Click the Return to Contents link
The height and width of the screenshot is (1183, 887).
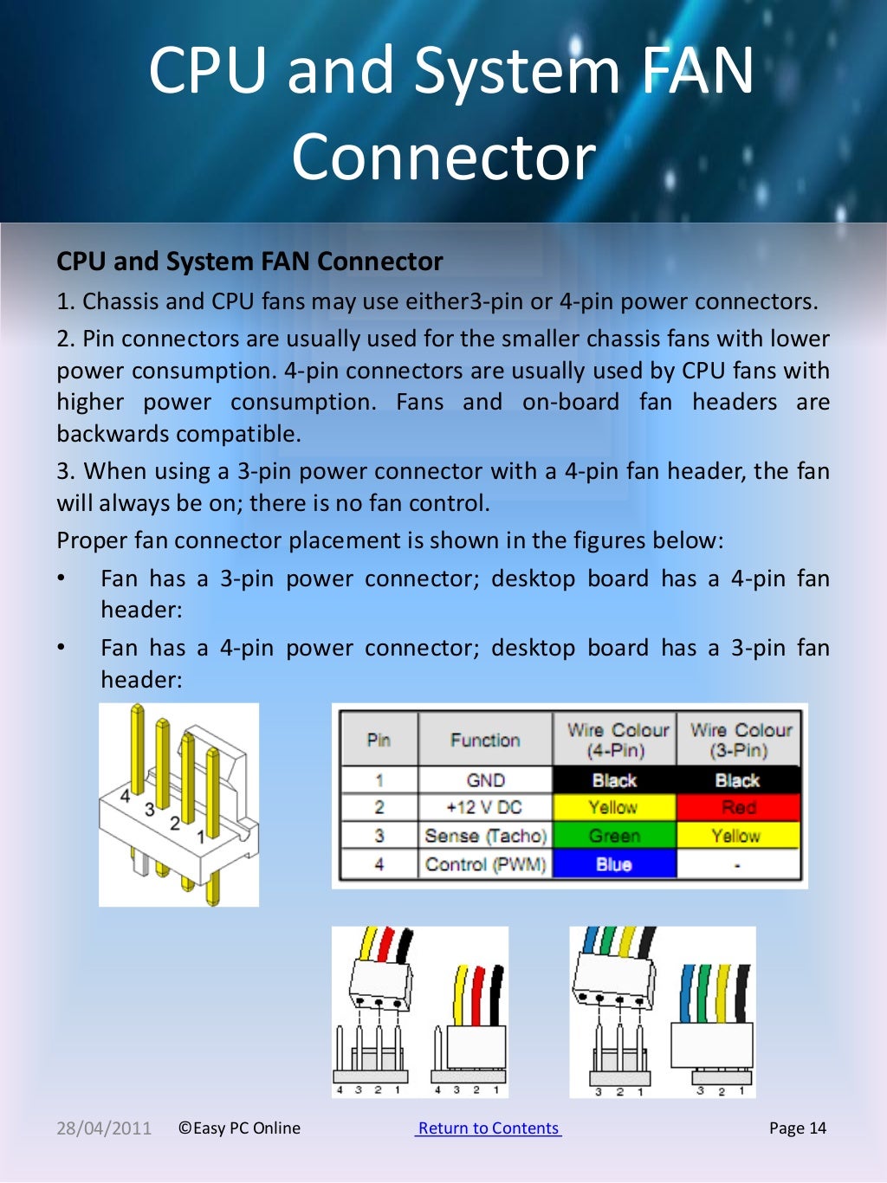coord(489,1128)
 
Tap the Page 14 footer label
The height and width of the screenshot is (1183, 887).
coord(797,1128)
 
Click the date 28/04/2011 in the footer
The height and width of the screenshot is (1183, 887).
coord(104,1128)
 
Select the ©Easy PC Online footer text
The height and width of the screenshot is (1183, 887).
coord(239,1128)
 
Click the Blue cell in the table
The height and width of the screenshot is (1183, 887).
coord(613,863)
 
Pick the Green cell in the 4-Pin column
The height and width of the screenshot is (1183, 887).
coord(613,836)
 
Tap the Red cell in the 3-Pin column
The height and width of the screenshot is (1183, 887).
coord(738,807)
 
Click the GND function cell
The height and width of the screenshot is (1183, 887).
coord(485,779)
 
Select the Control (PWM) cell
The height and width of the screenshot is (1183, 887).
coord(485,863)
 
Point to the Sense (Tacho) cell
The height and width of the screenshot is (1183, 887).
coord(485,836)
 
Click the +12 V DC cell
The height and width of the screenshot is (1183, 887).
coord(485,807)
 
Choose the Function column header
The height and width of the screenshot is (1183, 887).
coord(485,740)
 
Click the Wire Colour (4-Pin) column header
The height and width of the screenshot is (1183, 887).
coord(617,740)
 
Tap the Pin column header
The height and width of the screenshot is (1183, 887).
coord(379,740)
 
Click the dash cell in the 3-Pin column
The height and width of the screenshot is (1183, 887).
coord(738,863)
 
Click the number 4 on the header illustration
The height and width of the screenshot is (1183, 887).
coord(126,796)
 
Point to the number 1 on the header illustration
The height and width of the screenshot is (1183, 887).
coord(201,837)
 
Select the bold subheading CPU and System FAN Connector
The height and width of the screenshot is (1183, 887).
coord(249,261)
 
